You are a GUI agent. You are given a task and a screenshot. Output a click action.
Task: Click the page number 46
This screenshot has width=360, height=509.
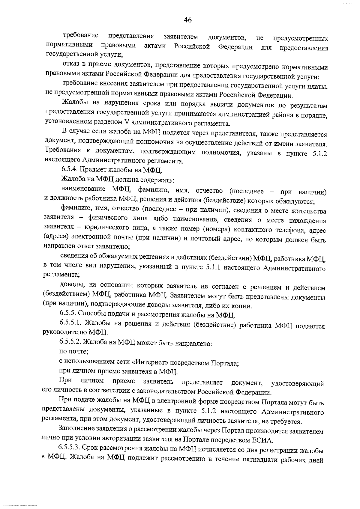[x=188, y=20]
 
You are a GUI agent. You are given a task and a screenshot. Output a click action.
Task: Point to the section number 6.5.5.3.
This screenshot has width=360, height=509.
[x=69, y=450]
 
